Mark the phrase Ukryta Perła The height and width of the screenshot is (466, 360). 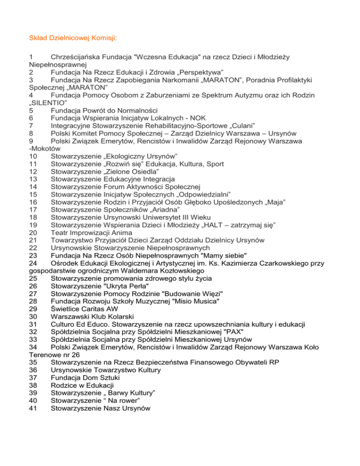(125, 286)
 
